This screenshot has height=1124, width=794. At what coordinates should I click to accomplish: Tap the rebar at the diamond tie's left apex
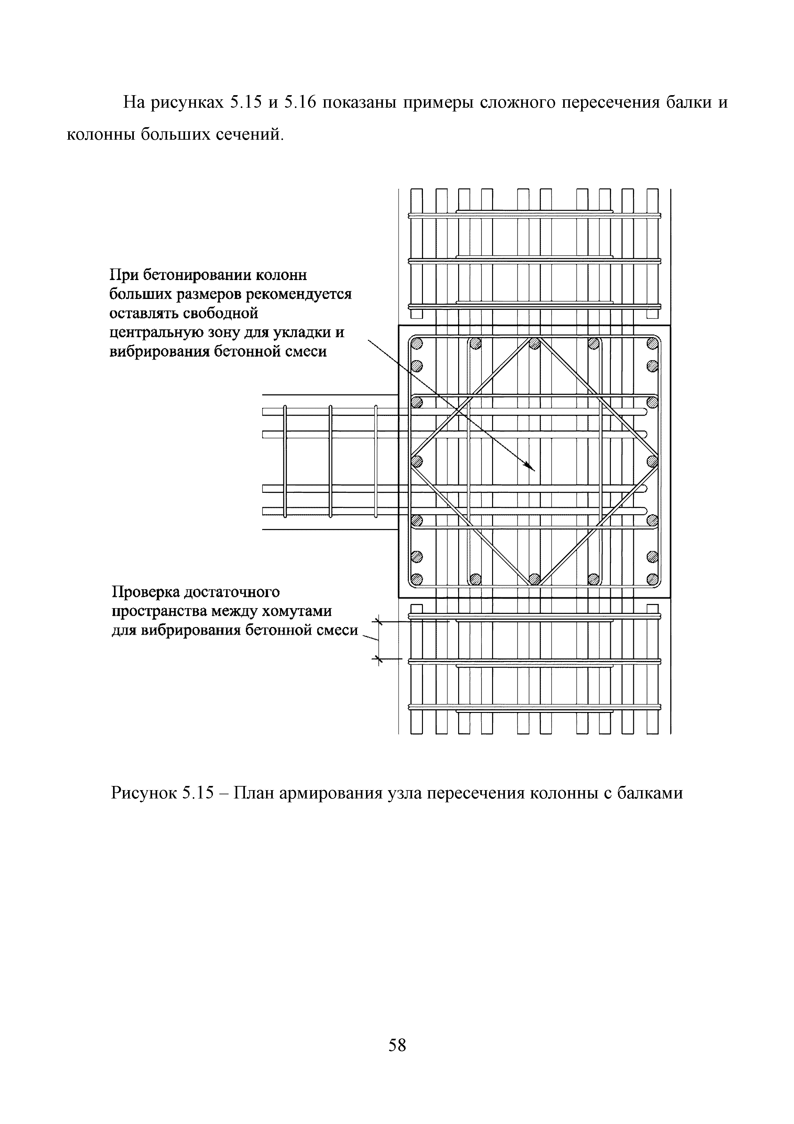pos(416,461)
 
